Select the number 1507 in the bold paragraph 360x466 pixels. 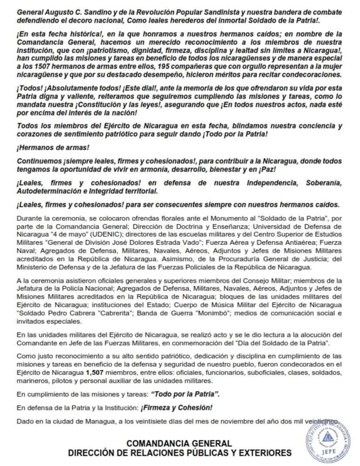coord(34,66)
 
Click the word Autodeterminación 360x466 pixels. coord(50,191)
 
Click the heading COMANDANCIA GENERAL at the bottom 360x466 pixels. coord(179,444)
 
